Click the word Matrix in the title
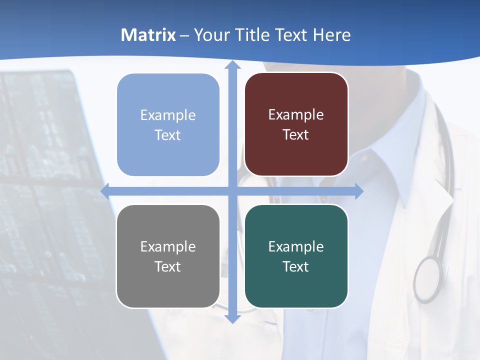coord(148,35)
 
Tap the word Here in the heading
coord(332,35)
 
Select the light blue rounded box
coord(168,125)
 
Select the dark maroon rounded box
coord(296,124)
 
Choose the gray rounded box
coord(168,256)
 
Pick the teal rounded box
coord(296,256)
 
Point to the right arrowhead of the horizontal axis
coord(359,191)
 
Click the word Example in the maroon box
coord(296,115)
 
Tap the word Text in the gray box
coord(167,267)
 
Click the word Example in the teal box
coord(296,246)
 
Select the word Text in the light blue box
coord(167,135)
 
